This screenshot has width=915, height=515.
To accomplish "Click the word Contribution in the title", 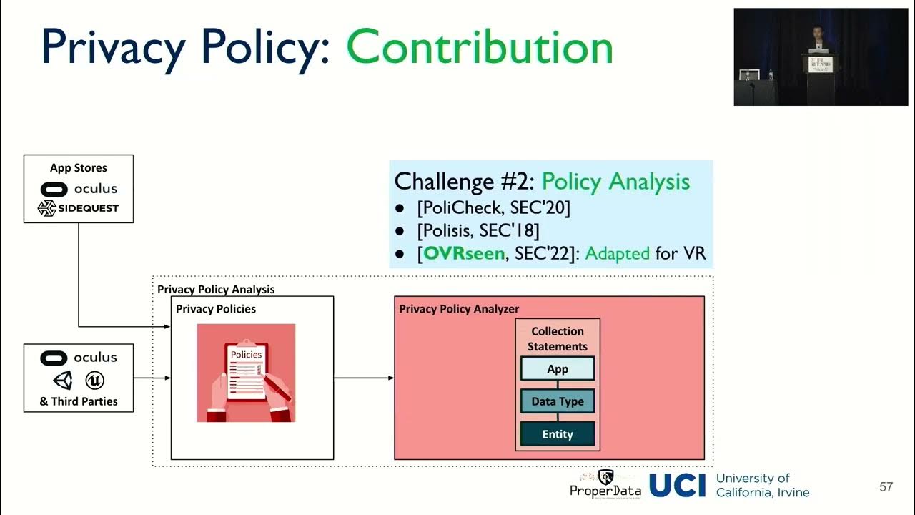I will (x=480, y=49).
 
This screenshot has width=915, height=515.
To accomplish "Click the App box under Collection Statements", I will (x=558, y=369).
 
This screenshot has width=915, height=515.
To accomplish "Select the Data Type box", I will (x=558, y=401).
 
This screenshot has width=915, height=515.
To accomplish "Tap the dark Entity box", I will (x=558, y=434).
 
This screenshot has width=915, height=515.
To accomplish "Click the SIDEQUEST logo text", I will (x=88, y=208).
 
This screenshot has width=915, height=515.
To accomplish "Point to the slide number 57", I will (x=886, y=487).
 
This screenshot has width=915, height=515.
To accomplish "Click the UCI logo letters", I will (x=677, y=486).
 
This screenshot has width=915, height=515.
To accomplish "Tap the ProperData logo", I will (x=605, y=484).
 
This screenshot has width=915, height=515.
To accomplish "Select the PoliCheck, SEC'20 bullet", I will (x=493, y=208).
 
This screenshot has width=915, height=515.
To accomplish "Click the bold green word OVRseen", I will (x=464, y=253).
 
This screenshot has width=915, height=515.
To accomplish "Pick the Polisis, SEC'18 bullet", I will (x=478, y=230).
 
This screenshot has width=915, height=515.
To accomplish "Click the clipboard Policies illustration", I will (x=246, y=373).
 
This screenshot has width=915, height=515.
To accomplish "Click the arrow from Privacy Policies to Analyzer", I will (x=364, y=378).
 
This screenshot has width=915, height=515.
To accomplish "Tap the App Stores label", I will (x=79, y=168).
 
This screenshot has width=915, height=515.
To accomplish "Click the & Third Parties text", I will (x=79, y=401).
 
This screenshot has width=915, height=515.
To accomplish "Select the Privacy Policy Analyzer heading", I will (x=459, y=309).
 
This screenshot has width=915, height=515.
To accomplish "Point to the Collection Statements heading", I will (x=558, y=339).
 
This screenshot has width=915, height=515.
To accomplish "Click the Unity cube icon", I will (x=63, y=380).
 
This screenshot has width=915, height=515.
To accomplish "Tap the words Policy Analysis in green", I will (x=615, y=182).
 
